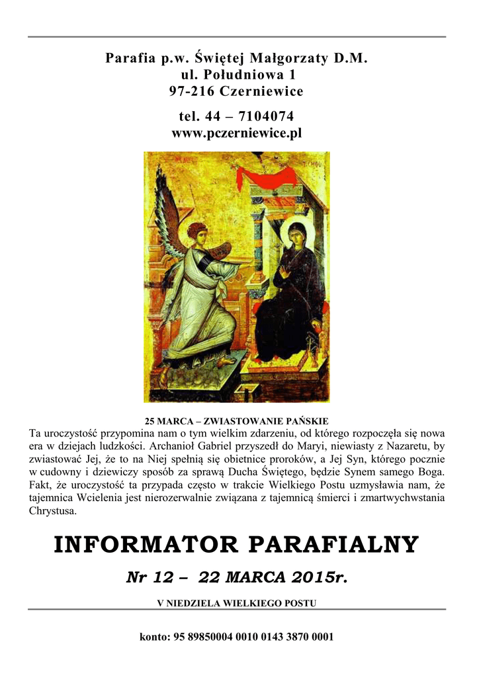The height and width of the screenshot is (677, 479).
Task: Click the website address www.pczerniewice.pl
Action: (x=236, y=134)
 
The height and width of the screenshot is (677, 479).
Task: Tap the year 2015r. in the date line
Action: (x=322, y=578)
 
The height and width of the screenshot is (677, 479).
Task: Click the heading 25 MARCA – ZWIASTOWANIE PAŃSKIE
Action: (x=236, y=421)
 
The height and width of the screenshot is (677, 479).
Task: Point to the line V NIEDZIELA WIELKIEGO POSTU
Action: (x=236, y=603)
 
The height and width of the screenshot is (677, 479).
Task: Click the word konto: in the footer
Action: (x=155, y=637)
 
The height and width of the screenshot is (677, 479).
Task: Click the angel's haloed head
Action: (x=196, y=233)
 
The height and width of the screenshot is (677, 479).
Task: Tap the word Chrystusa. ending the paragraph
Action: (x=54, y=511)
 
